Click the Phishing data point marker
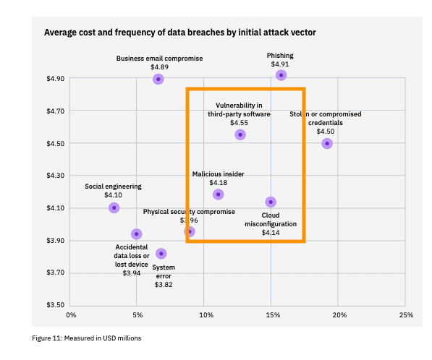pyautogui.click(x=281, y=75)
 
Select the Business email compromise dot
pyautogui.click(x=158, y=79)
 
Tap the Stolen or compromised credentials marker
pyautogui.click(x=327, y=143)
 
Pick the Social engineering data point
pyautogui.click(x=114, y=207)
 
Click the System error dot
pyautogui.click(x=161, y=253)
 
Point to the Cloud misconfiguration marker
pyautogui.click(x=271, y=202)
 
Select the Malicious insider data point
pyautogui.click(x=218, y=194)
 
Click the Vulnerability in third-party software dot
pyautogui.click(x=240, y=134)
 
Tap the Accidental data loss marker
pyautogui.click(x=136, y=233)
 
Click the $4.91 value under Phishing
pyautogui.click(x=280, y=64)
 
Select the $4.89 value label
pyautogui.click(x=159, y=67)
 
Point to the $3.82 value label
pyautogui.click(x=164, y=285)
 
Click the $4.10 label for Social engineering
pyautogui.click(x=113, y=195)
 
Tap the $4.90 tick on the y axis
pyautogui.click(x=56, y=79)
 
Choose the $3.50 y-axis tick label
pyautogui.click(x=56, y=305)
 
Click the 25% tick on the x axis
pyautogui.click(x=406, y=315)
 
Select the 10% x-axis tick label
pyautogui.click(x=205, y=315)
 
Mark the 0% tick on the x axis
pyautogui.click(x=71, y=315)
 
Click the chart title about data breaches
pyautogui.click(x=179, y=33)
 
